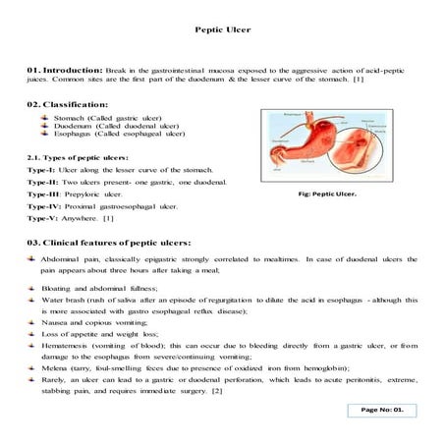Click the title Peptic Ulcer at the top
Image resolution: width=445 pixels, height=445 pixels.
(223, 29)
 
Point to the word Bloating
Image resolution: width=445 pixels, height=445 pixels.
(59, 289)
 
